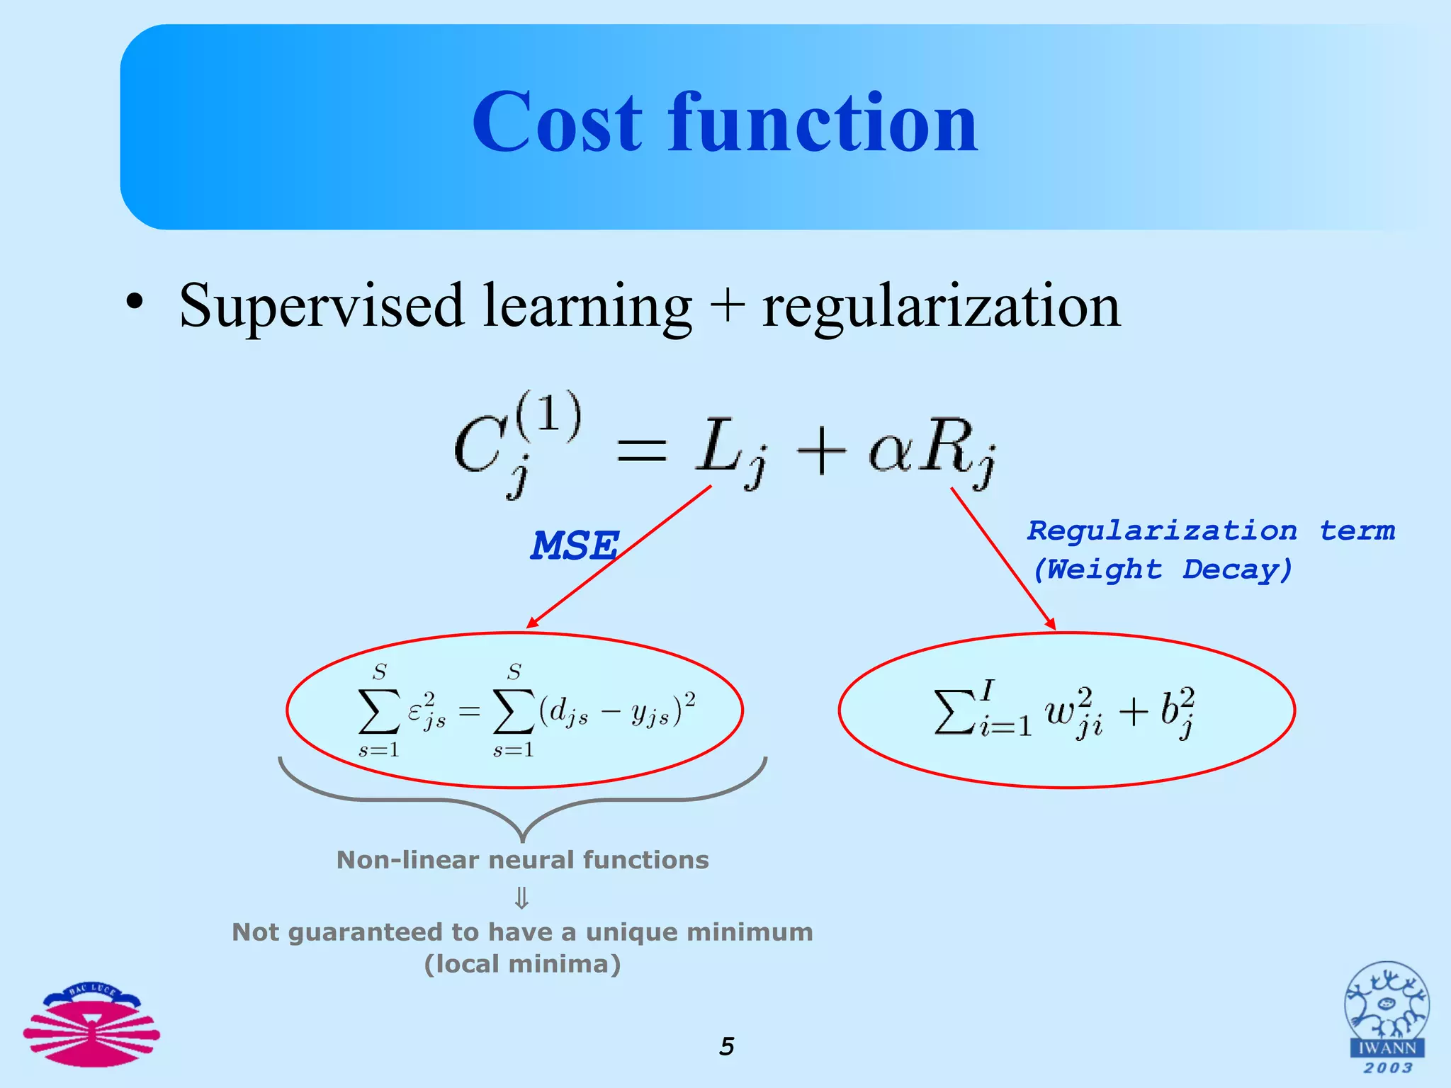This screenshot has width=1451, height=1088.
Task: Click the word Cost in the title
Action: [557, 124]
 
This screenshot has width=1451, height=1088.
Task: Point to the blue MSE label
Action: [575, 546]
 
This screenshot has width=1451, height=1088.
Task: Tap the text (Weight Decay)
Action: [1162, 569]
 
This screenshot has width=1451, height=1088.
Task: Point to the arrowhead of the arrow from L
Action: [531, 623]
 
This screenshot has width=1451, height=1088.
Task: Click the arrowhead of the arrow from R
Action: [1051, 624]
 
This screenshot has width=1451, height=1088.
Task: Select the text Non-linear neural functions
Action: [522, 860]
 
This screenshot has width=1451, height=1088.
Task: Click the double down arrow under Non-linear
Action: [521, 898]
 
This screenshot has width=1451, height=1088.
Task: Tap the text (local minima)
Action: [522, 964]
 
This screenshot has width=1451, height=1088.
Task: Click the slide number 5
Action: [727, 1046]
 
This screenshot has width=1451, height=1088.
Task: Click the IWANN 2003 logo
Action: [1387, 1017]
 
